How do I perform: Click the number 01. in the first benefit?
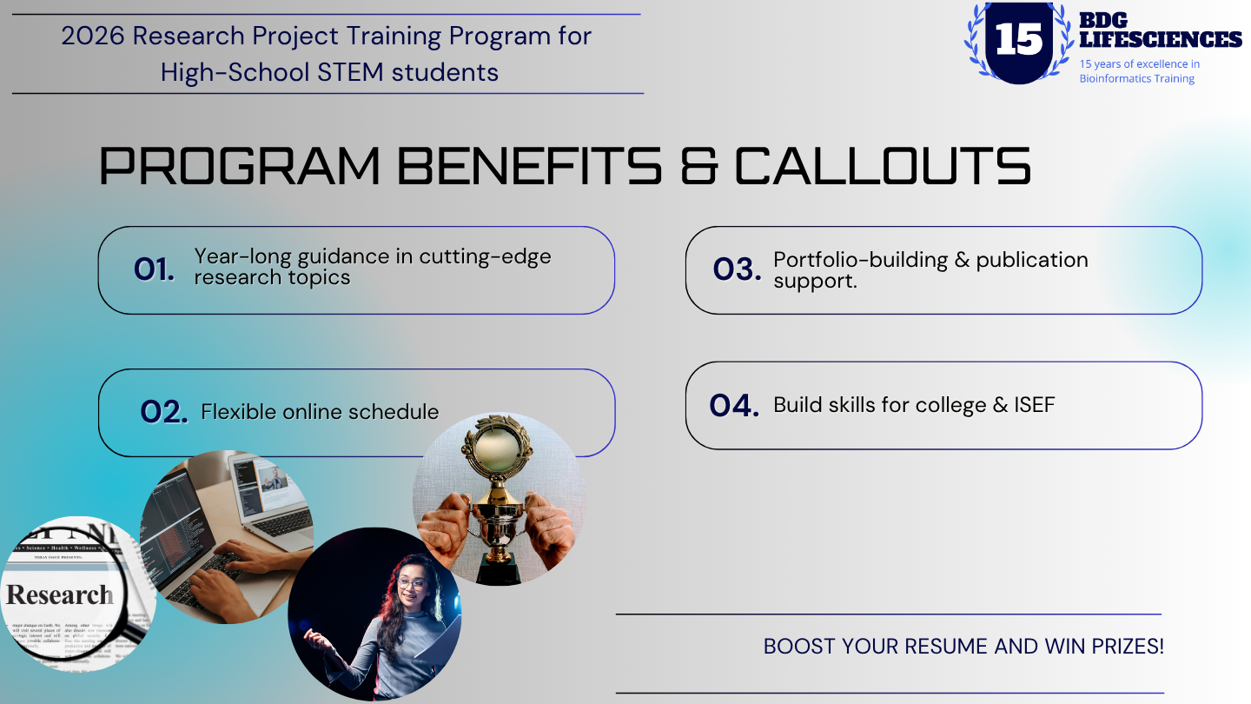pos(154,269)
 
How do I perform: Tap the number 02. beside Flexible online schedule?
pos(163,412)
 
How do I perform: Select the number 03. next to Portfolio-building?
pos(738,269)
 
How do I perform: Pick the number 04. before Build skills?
pos(734,406)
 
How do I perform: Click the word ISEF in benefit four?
pos(1035,405)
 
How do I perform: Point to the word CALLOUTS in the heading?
pos(882,166)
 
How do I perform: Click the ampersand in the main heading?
pos(698,166)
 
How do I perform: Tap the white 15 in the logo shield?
pos(1019,39)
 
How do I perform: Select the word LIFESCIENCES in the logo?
pos(1161,39)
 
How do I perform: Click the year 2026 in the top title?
pos(93,37)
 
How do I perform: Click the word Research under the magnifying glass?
pos(60,594)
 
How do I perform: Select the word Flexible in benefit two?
pos(238,412)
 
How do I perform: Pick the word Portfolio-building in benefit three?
pos(861,261)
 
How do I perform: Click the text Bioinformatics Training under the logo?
pos(1136,79)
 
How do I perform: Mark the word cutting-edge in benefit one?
pos(485,257)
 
